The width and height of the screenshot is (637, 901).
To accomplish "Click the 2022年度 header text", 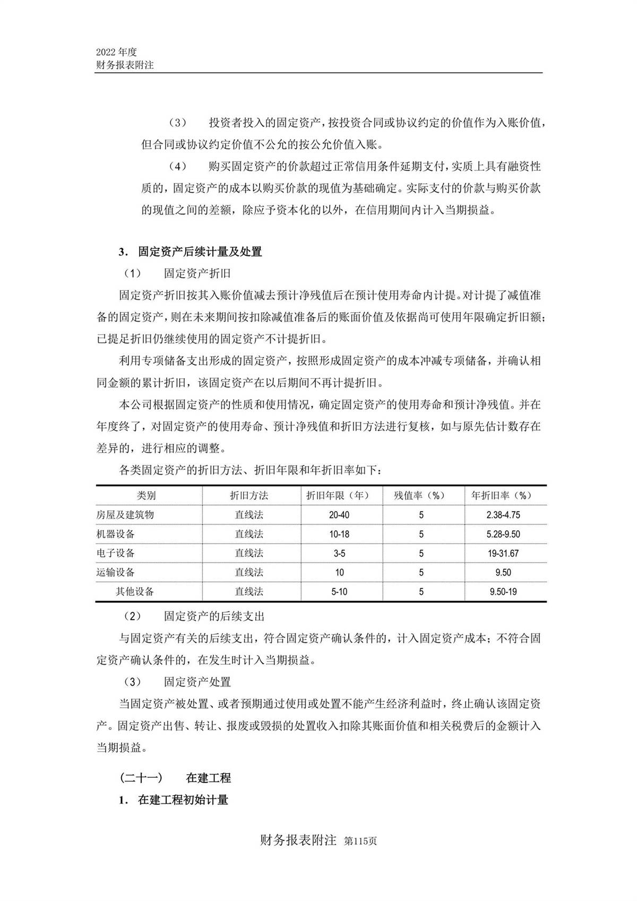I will [x=117, y=52].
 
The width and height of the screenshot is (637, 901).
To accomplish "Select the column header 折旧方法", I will [x=249, y=495].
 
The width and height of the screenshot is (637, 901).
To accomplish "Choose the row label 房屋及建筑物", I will [x=125, y=514].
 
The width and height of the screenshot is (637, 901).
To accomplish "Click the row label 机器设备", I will [x=116, y=534].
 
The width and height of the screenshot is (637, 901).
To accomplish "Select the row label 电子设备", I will [x=116, y=553].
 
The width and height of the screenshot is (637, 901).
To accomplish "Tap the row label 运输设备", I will [x=116, y=572].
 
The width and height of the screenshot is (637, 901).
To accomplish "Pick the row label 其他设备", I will [x=135, y=591].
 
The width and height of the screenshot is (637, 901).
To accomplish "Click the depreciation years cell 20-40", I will [x=339, y=515].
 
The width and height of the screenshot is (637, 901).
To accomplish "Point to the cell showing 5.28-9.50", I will [x=503, y=534].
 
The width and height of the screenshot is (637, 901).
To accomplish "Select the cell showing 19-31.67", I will [x=503, y=553].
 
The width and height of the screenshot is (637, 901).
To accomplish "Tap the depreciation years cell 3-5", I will [x=339, y=553].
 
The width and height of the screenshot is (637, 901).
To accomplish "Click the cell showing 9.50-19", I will [x=503, y=591].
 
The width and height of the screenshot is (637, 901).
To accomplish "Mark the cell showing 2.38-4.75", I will [x=503, y=515].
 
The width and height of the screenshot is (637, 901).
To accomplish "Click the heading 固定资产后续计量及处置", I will [x=200, y=252].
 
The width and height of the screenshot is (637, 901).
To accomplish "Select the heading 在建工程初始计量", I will [x=183, y=800].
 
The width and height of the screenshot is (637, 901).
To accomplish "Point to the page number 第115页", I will [x=360, y=842].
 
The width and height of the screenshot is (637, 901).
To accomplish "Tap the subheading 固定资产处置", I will [x=197, y=682].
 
